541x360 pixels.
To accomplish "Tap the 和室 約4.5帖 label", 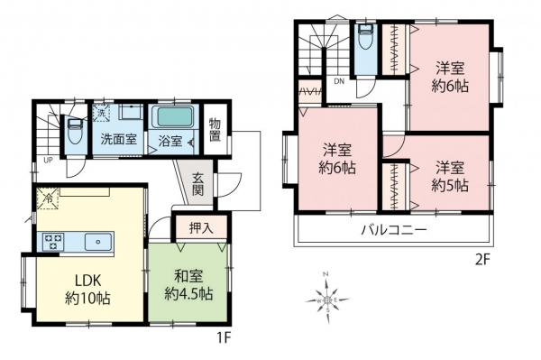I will (188, 285).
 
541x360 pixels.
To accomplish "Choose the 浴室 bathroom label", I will (170, 142).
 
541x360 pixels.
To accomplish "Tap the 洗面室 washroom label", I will (118, 140).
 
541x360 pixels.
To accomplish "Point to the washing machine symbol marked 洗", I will (102, 113).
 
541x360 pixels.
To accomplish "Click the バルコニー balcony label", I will (393, 230).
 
